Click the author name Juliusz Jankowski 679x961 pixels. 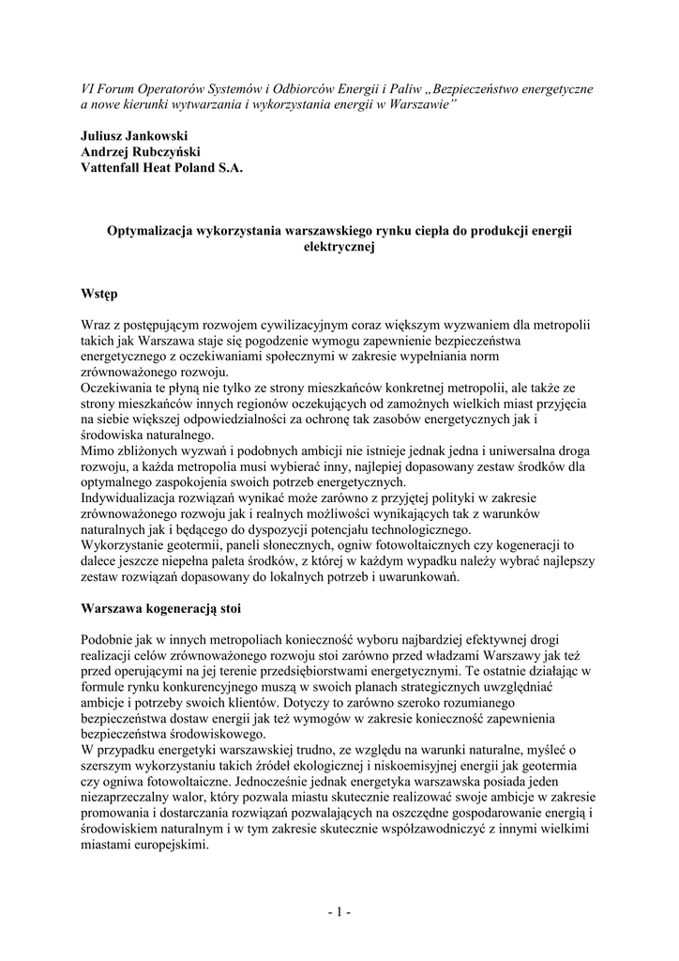(x=134, y=135)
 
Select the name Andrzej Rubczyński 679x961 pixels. (x=140, y=151)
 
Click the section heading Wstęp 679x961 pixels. (x=99, y=294)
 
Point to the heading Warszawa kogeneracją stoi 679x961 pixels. (x=160, y=607)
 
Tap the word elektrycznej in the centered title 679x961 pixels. (x=339, y=246)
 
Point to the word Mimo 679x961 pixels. (x=97, y=450)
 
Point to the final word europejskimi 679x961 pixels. (x=172, y=844)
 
